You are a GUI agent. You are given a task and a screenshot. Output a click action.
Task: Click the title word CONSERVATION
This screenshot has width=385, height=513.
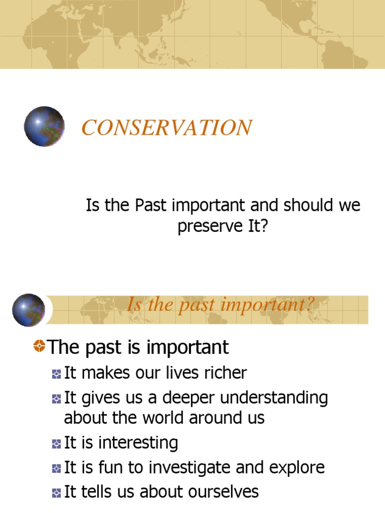tap(167, 128)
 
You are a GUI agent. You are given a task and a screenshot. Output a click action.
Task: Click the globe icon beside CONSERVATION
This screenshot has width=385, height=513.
tap(44, 126)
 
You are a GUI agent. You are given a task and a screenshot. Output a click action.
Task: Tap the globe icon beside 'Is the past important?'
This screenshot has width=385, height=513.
tap(29, 310)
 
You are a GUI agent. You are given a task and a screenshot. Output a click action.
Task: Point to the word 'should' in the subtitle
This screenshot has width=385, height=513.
tap(303, 205)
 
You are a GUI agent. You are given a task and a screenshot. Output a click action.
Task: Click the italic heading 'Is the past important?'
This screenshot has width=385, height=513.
tap(221, 304)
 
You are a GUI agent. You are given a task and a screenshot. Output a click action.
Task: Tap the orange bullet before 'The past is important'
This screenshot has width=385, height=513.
tap(39, 345)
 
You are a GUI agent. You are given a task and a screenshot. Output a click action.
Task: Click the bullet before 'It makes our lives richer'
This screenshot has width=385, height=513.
tap(56, 374)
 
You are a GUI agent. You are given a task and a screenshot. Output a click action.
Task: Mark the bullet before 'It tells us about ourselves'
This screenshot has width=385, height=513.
tap(56, 493)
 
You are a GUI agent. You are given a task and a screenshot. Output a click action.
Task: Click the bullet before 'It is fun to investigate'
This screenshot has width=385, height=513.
tap(56, 468)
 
